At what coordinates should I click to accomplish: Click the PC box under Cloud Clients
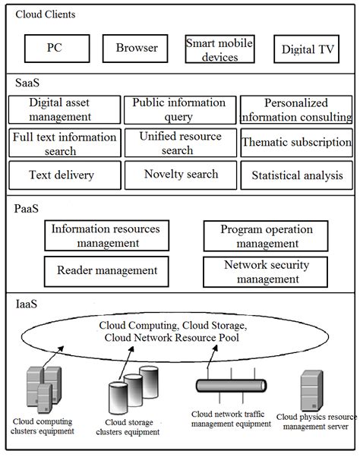55,49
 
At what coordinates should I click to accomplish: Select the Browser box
137,49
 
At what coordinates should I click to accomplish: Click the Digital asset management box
61,110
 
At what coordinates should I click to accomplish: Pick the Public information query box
179,110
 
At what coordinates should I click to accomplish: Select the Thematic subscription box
296,143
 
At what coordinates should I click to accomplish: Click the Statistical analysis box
296,175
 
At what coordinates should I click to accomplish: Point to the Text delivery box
61,175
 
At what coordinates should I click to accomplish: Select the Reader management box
106,270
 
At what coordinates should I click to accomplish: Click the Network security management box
266,272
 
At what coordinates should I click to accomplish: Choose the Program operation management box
266,236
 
